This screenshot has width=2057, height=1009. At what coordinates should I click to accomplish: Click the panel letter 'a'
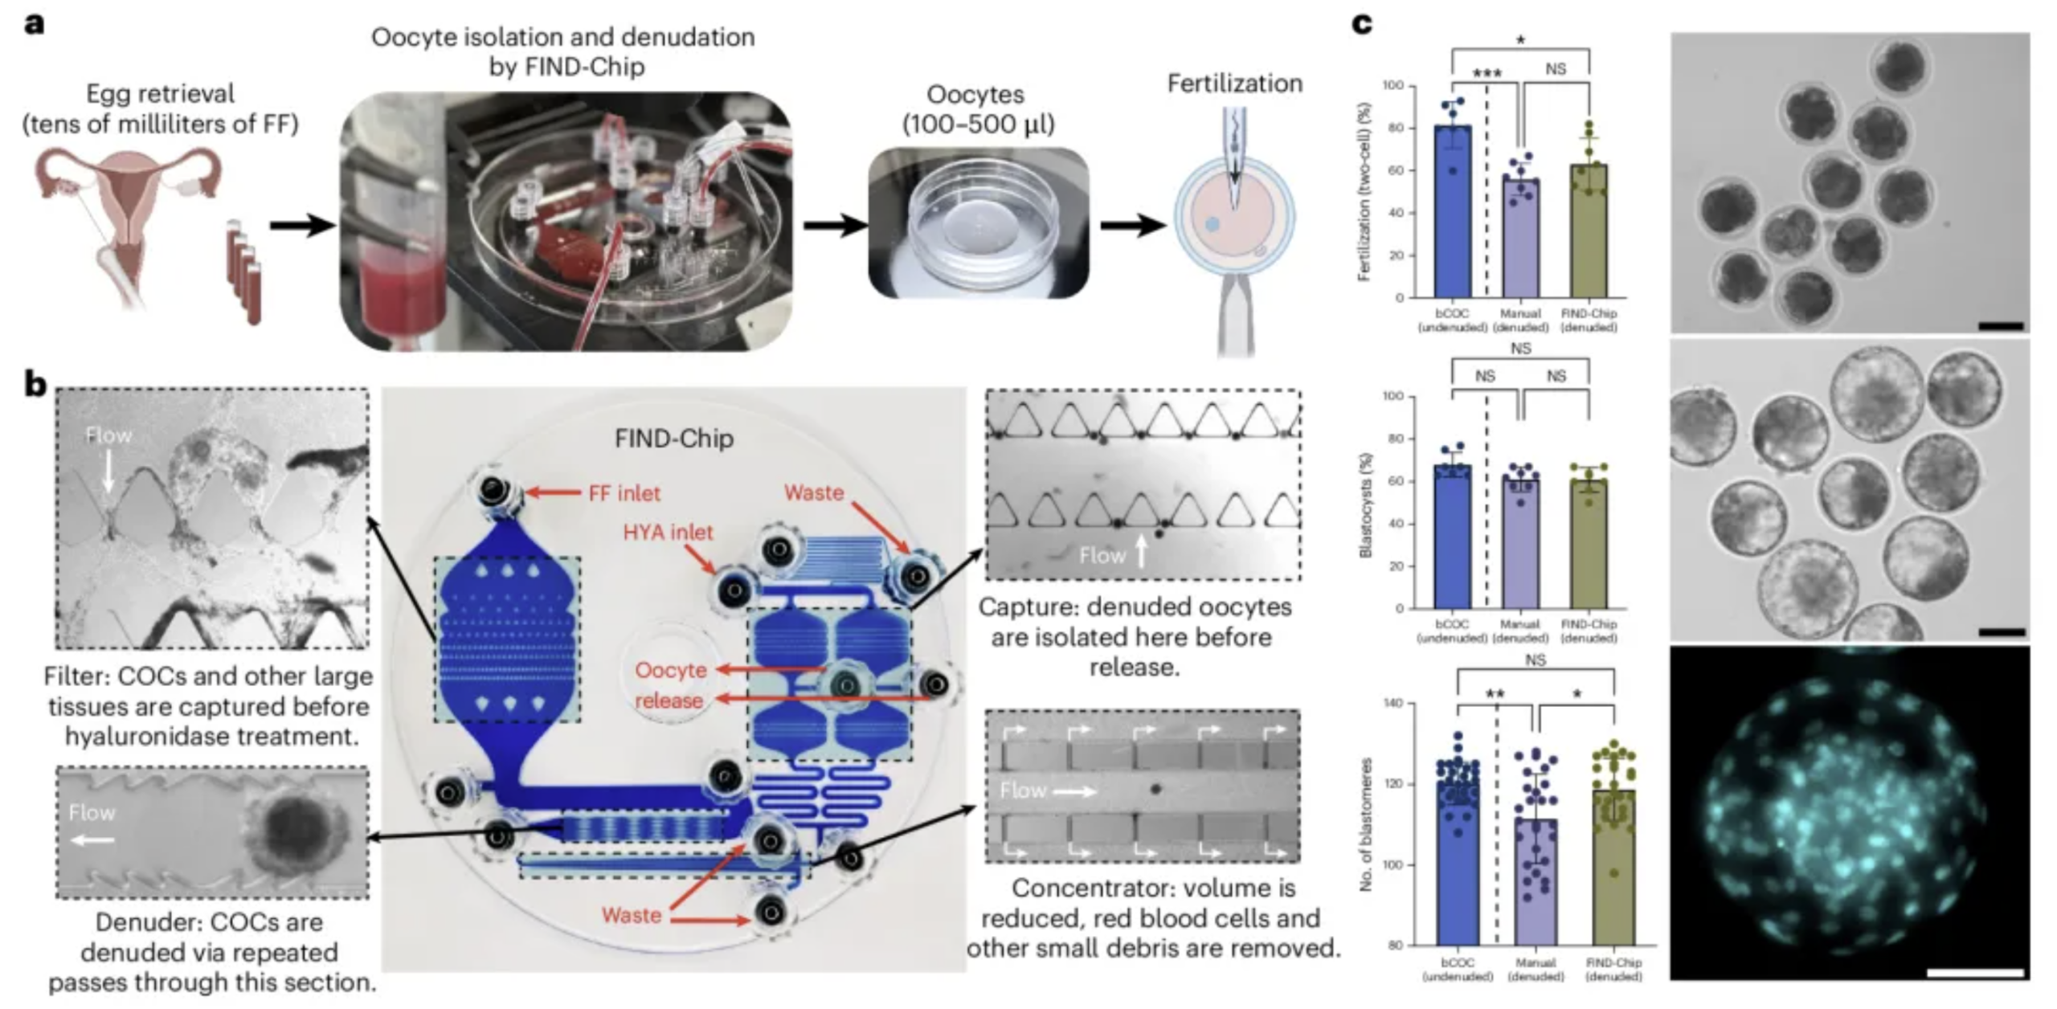coord(34,24)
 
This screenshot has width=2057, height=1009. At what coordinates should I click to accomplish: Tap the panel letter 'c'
coord(1361,24)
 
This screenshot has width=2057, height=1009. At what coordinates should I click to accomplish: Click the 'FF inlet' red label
coord(624,492)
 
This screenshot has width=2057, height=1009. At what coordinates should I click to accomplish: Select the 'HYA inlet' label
coord(668,532)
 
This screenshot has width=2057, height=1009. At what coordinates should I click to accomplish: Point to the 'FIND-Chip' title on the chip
coord(673,439)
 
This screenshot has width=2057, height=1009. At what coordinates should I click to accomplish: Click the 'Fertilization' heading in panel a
coord(1234,84)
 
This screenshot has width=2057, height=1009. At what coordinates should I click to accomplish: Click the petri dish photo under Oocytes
coord(979,223)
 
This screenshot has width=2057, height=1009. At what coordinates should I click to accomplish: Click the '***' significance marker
coord(1487,75)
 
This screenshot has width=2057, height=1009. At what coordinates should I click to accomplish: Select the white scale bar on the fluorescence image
coord(1974,974)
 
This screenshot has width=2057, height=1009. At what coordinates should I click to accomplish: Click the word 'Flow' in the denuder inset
coord(92,813)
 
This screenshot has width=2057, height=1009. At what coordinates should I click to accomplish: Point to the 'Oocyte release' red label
coord(670,684)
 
